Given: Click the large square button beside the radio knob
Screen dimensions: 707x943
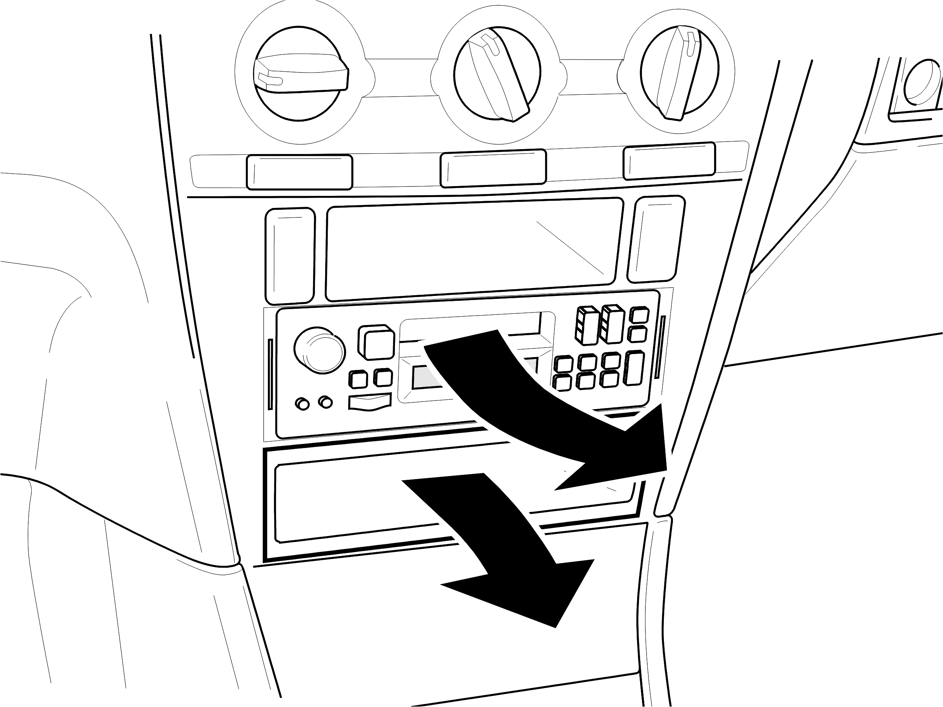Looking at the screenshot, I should pyautogui.click(x=376, y=342).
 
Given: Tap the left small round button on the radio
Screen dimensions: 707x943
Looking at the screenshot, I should pyautogui.click(x=302, y=404).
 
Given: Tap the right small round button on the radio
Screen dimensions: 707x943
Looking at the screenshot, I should pyautogui.click(x=326, y=402).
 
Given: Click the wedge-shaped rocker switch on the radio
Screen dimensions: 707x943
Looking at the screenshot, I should pyautogui.click(x=370, y=402).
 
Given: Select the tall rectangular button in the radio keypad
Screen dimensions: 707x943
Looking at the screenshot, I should pyautogui.click(x=635, y=368).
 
